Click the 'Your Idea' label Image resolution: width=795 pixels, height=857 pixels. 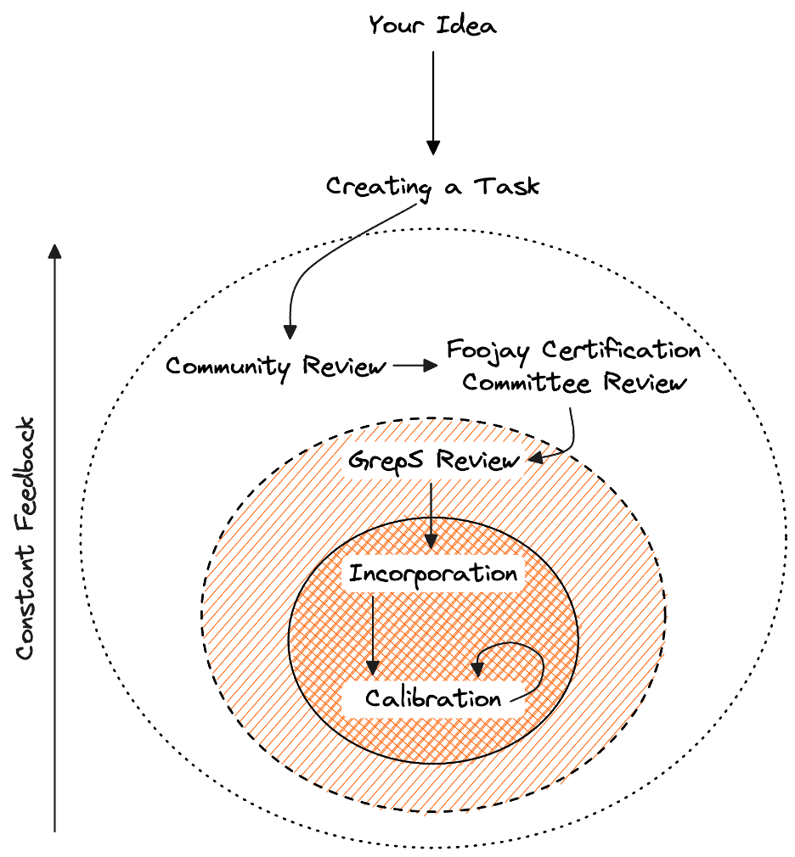pos(432,25)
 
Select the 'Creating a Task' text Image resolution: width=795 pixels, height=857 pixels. pos(432,186)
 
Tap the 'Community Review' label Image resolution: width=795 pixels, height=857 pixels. pos(275,367)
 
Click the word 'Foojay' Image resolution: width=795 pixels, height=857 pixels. pos(490,350)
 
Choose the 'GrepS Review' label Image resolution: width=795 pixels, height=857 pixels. pos(432,462)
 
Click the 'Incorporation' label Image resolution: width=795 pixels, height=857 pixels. pos(433,574)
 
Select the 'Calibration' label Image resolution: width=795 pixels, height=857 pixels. pos(433,699)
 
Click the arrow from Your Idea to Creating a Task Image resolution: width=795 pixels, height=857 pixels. pos(432,102)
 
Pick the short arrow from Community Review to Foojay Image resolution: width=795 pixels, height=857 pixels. pos(414,366)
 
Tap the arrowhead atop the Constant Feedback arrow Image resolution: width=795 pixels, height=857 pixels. pos(54,250)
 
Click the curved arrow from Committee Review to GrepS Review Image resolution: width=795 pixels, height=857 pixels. pos(569,437)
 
